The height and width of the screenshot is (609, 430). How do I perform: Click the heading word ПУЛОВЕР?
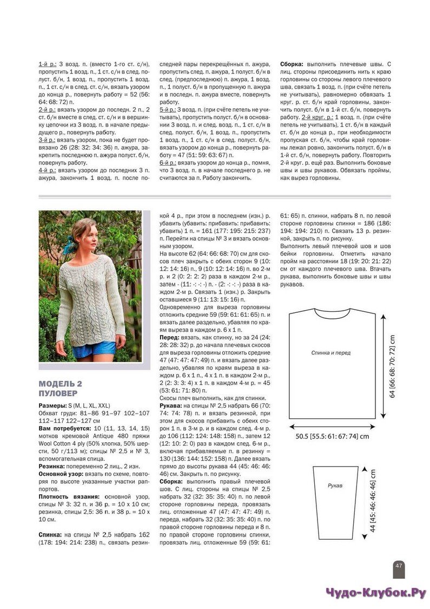(x=58, y=393)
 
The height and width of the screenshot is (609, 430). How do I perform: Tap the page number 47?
(x=399, y=566)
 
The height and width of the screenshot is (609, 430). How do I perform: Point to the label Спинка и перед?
(x=330, y=352)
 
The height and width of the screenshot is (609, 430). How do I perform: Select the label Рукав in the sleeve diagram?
(x=335, y=486)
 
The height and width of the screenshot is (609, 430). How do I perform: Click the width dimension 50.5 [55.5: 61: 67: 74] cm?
(x=332, y=435)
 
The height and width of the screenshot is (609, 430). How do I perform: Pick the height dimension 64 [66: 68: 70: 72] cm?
(x=393, y=366)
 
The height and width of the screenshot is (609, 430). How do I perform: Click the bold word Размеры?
(x=53, y=405)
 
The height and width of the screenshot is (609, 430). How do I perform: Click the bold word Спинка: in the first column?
(x=50, y=534)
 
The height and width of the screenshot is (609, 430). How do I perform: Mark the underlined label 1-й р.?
(x=47, y=64)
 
